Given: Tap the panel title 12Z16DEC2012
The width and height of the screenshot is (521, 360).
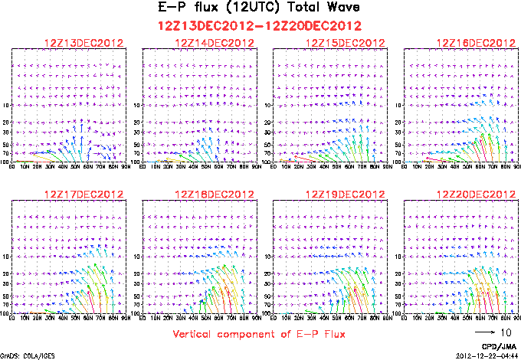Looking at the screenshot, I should click(x=475, y=43).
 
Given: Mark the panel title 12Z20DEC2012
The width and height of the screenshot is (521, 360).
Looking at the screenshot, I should click(x=475, y=195).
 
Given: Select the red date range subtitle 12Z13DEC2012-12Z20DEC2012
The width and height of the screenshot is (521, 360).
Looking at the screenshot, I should click(x=260, y=25).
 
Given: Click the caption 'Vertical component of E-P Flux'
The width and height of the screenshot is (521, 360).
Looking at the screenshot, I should click(x=260, y=334).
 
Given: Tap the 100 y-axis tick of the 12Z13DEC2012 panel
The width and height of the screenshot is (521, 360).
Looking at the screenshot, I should click(x=7, y=162).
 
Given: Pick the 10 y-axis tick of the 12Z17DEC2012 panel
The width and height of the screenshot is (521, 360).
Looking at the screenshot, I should click(x=8, y=257).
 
